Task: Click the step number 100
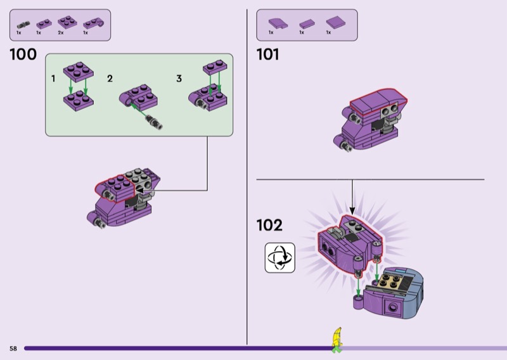[23, 55]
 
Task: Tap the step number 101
[267, 55]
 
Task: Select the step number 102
[269, 225]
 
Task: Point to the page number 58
[13, 349]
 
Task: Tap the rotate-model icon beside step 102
[280, 257]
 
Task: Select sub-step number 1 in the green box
[54, 78]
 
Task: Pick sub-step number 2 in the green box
[110, 78]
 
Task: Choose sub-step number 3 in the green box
[179, 78]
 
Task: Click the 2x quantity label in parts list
[61, 32]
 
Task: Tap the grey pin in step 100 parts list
[22, 25]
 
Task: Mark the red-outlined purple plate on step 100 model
[116, 184]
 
